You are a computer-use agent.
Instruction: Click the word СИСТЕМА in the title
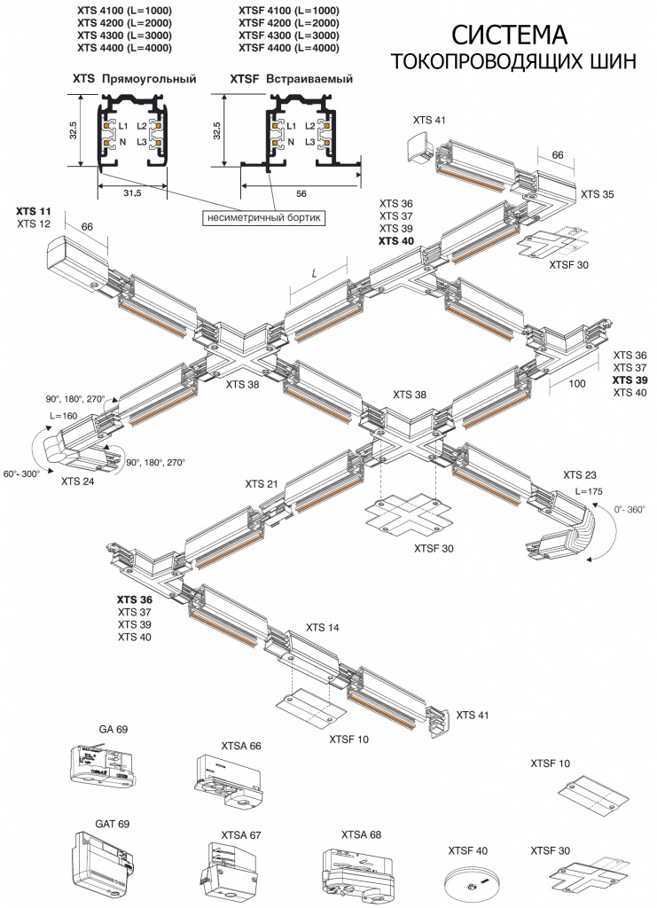[510, 35]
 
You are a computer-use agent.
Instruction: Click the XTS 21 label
[262, 484]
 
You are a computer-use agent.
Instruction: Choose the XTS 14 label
[323, 627]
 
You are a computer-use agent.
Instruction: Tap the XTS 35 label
[598, 192]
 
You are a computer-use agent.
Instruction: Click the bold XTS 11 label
[34, 211]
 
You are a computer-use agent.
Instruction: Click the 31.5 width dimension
[131, 192]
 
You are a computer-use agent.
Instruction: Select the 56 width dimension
[301, 192]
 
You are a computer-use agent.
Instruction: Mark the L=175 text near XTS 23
[590, 490]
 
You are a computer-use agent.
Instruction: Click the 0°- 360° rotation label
[632, 510]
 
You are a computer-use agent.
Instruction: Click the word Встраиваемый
[310, 79]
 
